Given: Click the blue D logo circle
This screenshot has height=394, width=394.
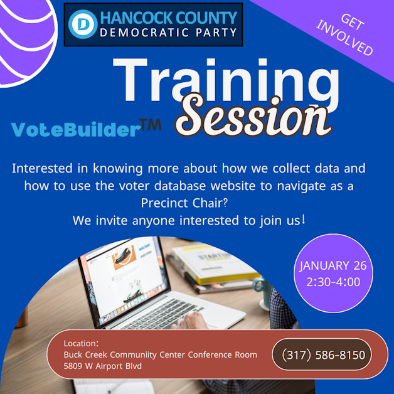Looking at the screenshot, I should tap(80, 24).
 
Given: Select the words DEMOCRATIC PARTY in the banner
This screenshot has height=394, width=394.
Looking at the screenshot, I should tap(169, 33).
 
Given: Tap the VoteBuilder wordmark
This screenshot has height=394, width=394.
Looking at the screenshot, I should tap(75, 130).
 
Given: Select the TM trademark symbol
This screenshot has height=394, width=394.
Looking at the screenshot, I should tap(151, 126).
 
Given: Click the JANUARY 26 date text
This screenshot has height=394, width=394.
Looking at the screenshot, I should tap(333, 265).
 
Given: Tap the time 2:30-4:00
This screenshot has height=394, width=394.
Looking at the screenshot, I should tap(333, 282).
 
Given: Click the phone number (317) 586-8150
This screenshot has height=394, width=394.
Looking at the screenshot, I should tap(323, 355).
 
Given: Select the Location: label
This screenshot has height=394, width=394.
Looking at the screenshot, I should tap(81, 343).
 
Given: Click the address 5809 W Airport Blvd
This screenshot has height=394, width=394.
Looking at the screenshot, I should tap(102, 366).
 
